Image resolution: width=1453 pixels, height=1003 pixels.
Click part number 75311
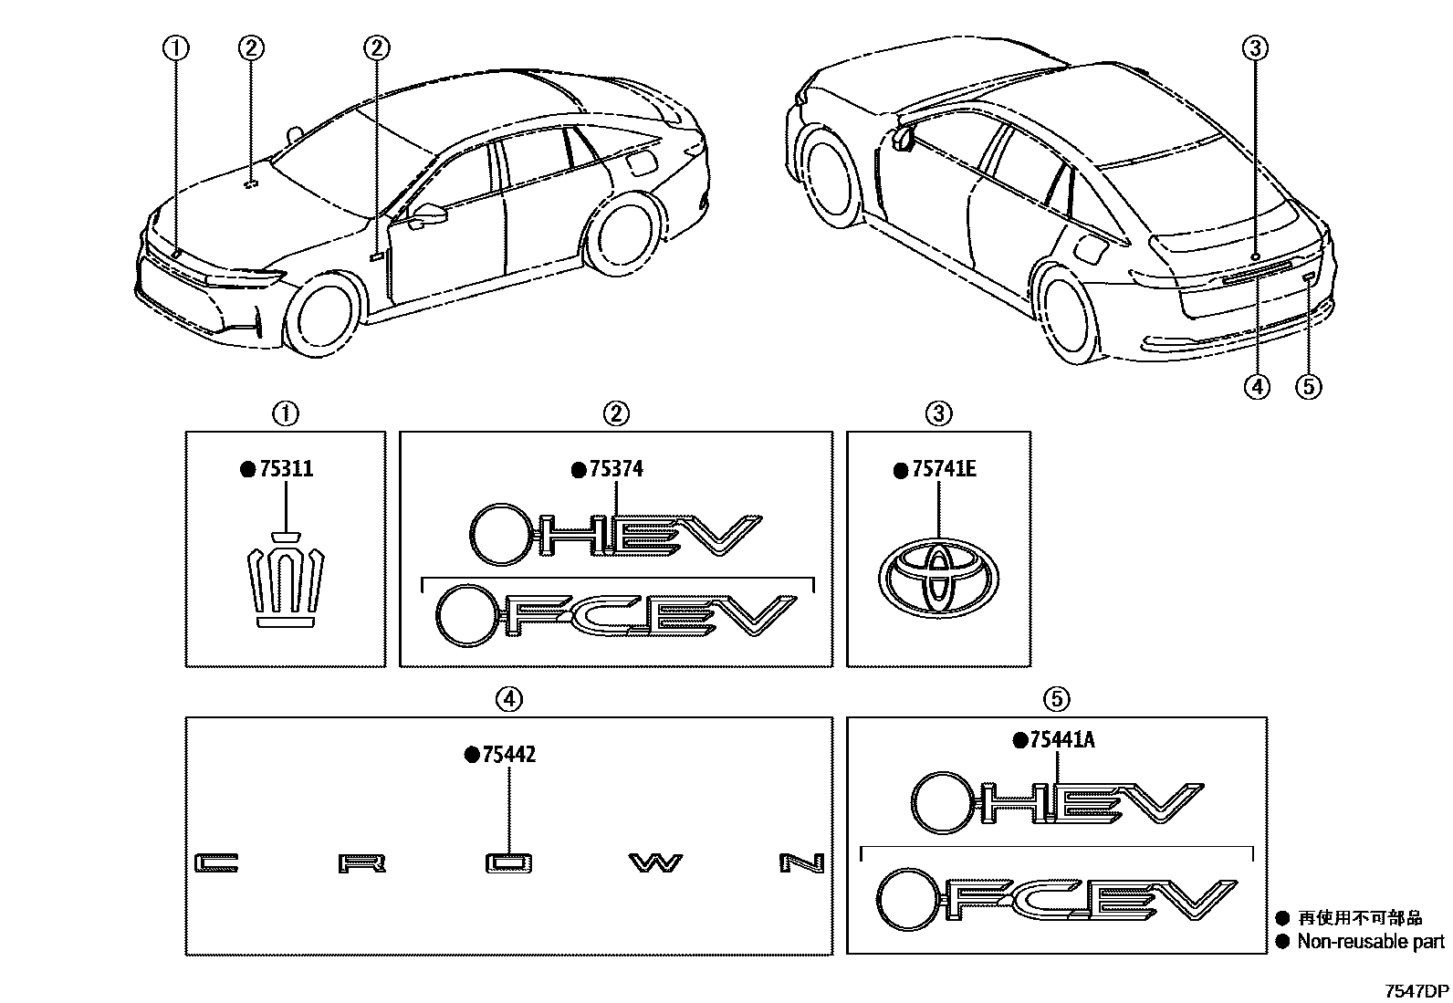286,469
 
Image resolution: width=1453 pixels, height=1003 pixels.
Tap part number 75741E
944,469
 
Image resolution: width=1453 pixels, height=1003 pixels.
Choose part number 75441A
1061,740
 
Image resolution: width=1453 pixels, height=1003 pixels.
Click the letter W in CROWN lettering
653,862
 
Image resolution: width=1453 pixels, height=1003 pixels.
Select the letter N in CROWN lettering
802,862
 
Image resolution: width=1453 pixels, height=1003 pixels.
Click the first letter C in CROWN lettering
217,862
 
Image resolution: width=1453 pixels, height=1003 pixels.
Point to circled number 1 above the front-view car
176,48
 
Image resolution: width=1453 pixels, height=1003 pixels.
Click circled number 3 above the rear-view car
1256,48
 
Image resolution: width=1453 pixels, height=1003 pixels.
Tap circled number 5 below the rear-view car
1308,387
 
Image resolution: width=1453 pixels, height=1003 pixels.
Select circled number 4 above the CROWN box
508,699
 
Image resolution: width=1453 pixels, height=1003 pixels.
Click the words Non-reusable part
1371,942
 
